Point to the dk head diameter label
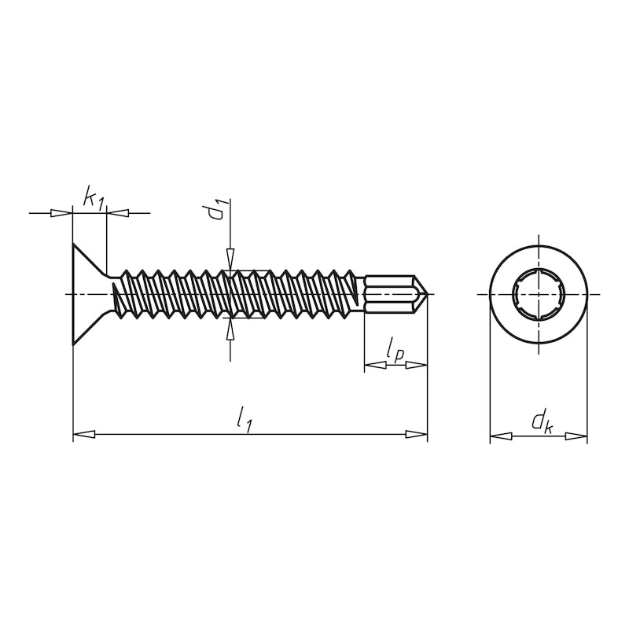[x=541, y=422]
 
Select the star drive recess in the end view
[x=539, y=294]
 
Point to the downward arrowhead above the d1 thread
[x=230, y=259]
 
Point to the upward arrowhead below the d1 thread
[x=230, y=329]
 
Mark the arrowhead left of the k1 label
[x=61, y=212]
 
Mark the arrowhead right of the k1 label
[x=116, y=212]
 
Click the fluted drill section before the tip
[x=388, y=294]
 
